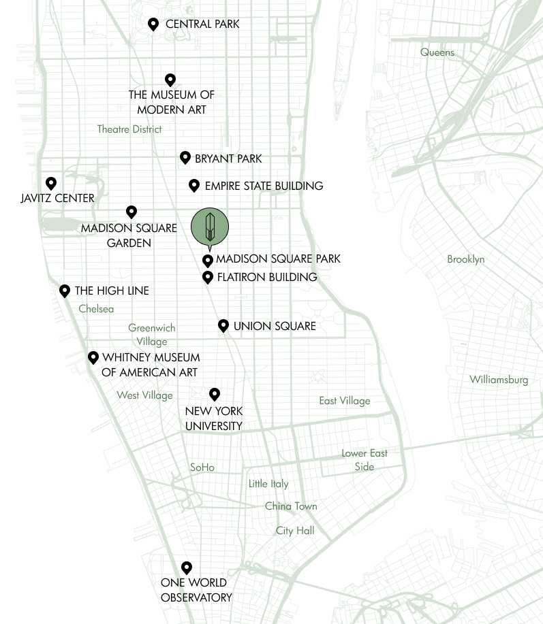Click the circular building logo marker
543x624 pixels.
click(x=209, y=227)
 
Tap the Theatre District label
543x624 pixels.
click(x=129, y=129)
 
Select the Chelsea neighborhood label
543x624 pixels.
click(x=96, y=309)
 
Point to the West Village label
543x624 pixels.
click(x=144, y=395)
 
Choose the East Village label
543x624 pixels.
click(x=345, y=401)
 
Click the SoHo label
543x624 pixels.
click(x=202, y=467)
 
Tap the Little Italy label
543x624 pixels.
click(x=268, y=484)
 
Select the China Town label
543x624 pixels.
click(x=291, y=507)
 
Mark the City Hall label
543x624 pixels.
click(x=294, y=529)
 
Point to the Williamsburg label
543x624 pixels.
click(x=500, y=380)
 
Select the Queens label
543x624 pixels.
click(x=437, y=52)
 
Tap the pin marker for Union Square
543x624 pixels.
click(x=223, y=325)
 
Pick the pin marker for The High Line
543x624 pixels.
click(x=65, y=291)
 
